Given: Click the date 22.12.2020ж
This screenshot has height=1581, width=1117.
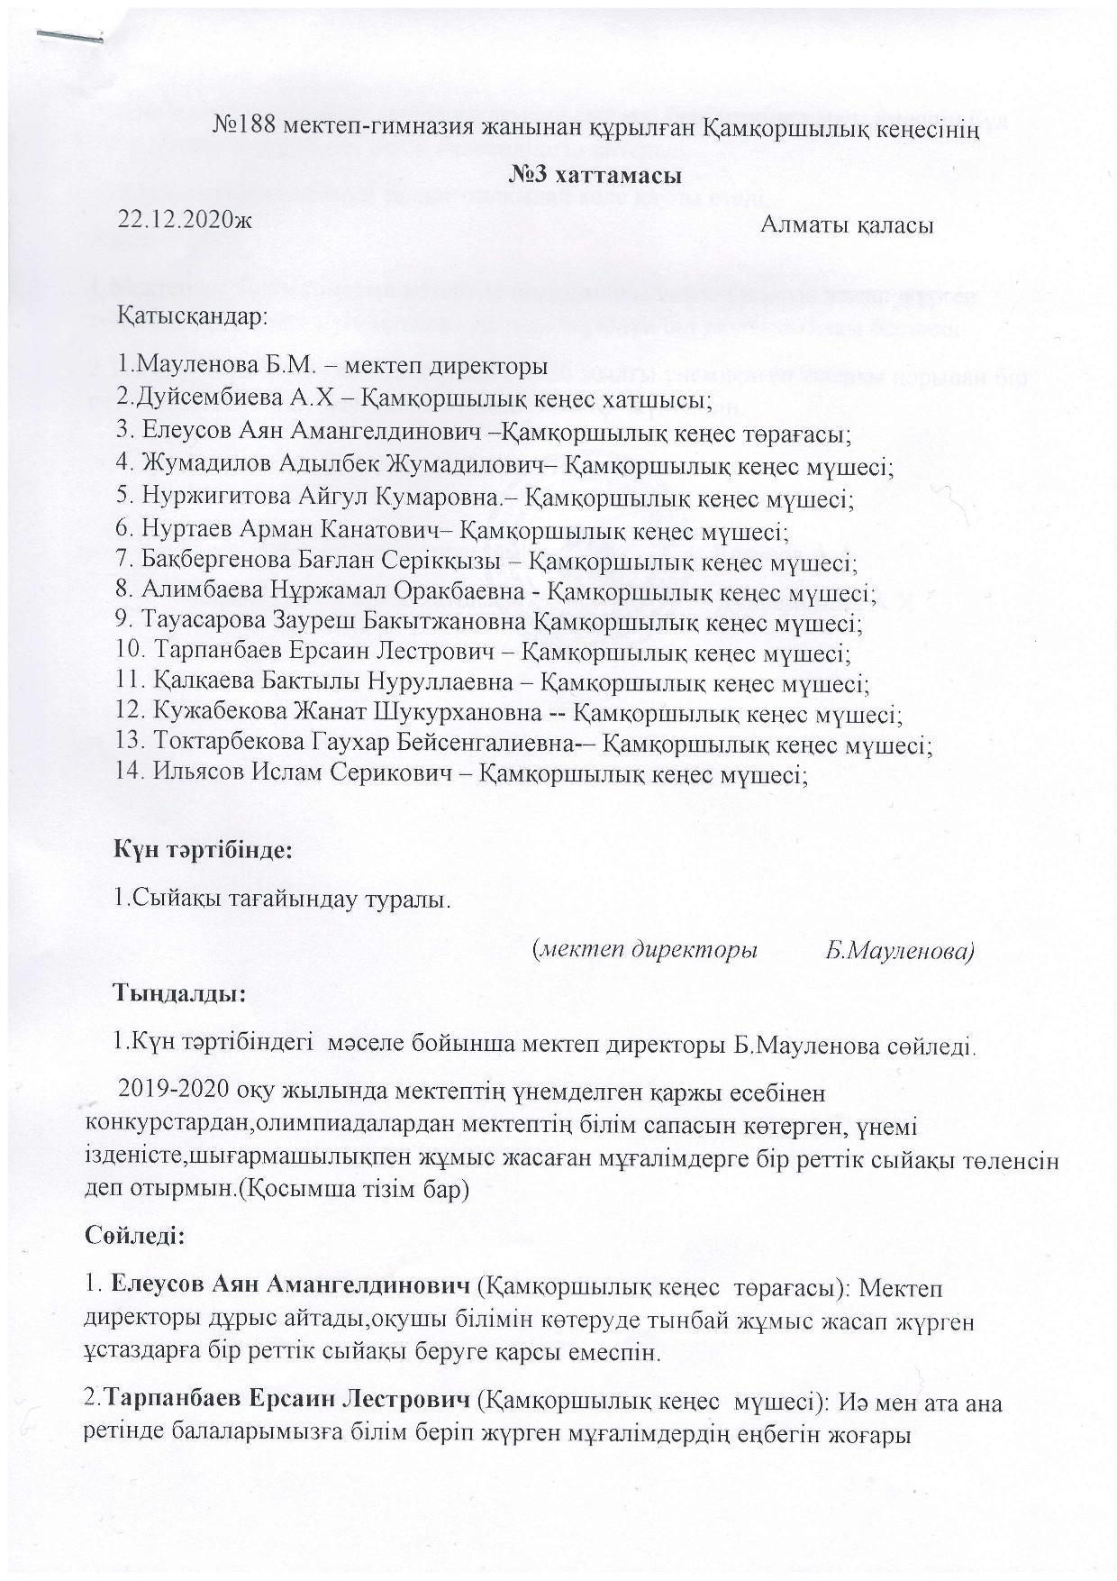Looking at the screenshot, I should pyautogui.click(x=186, y=220).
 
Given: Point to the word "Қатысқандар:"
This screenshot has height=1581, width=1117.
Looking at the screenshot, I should pyautogui.click(x=192, y=317).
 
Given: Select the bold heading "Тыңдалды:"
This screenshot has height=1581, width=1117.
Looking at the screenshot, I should pyautogui.click(x=177, y=994).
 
